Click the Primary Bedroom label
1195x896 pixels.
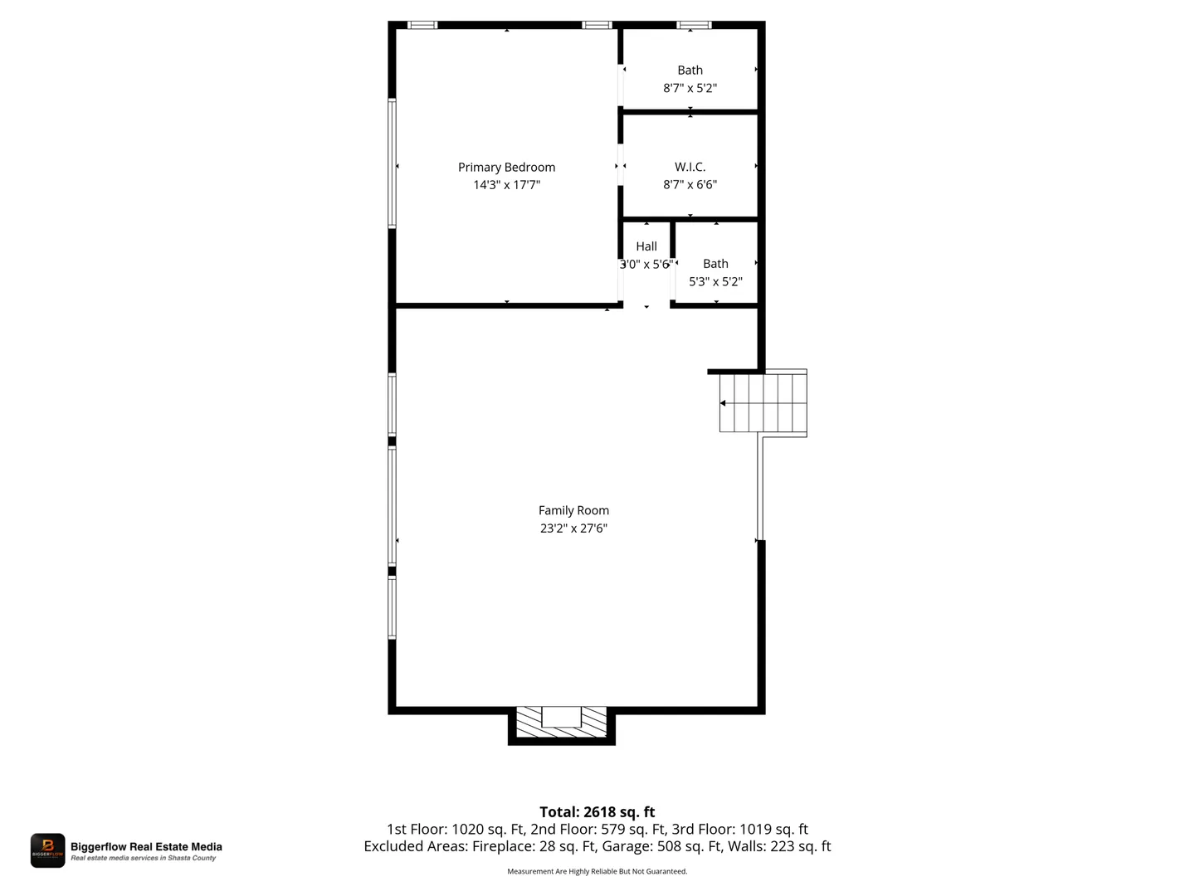pos(505,167)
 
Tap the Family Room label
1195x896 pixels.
pos(573,510)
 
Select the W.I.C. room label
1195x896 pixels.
pos(690,167)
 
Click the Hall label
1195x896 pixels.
pos(646,246)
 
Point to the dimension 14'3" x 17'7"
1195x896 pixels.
pos(506,184)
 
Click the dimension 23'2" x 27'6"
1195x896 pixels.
pos(573,528)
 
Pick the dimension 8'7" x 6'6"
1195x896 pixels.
pos(690,184)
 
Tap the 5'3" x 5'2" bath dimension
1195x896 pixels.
pos(715,281)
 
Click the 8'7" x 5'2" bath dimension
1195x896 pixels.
pos(690,88)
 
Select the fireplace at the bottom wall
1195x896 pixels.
pos(561,724)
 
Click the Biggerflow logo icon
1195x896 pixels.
pos(47,850)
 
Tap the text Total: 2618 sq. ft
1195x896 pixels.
pos(597,811)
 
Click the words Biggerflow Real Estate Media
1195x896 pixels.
pos(146,846)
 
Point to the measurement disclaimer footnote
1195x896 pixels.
pos(597,871)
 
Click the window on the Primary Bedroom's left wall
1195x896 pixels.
pos(392,163)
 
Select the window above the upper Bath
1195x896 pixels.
pos(694,25)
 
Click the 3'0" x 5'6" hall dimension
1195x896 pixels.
pos(646,264)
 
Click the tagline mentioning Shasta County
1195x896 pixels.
pos(144,858)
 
